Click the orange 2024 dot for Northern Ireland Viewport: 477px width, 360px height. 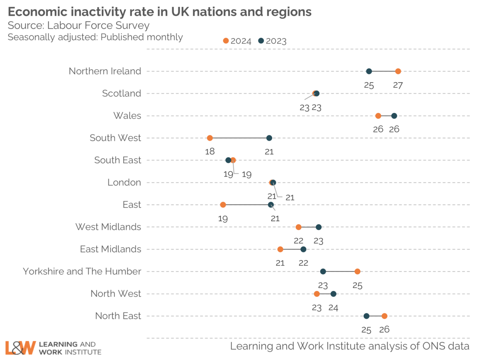(x=398, y=71)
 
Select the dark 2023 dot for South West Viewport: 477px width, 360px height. (x=269, y=138)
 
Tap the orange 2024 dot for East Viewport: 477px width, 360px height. (x=223, y=205)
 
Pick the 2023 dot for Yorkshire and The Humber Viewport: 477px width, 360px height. (x=323, y=271)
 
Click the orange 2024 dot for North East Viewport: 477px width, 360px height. (x=384, y=316)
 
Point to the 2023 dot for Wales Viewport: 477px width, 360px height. (x=394, y=116)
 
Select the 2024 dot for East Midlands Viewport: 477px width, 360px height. (x=280, y=249)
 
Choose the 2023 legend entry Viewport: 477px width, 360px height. (x=272, y=41)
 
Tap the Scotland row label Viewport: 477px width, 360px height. (x=122, y=93)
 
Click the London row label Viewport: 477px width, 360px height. (x=124, y=182)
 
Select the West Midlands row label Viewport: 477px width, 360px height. (x=109, y=227)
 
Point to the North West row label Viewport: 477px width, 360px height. (x=116, y=294)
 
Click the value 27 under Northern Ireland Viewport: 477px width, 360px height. (x=398, y=85)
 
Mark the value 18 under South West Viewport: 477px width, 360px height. (x=210, y=151)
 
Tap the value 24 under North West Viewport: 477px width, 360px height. (x=334, y=307)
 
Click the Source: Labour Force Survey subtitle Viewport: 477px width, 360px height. (x=79, y=26)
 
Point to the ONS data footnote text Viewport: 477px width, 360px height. (x=350, y=346)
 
